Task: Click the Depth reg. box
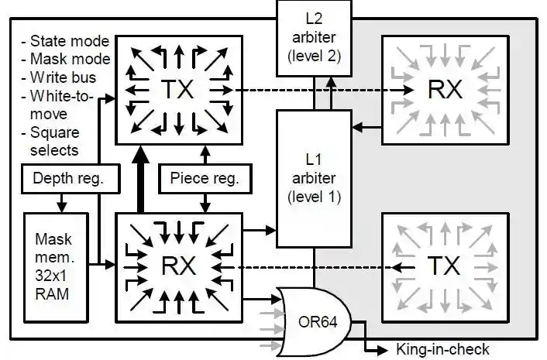tap(71, 178)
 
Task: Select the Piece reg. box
tap(205, 178)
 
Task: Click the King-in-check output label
tap(442, 349)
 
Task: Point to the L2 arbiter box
tap(314, 38)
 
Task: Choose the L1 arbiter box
tap(314, 179)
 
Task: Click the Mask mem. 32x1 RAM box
tap(56, 267)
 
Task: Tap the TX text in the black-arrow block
tap(178, 89)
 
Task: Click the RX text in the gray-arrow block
tap(445, 89)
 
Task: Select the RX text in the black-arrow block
tap(178, 266)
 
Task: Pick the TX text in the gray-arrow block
tap(444, 266)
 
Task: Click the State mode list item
tap(66, 41)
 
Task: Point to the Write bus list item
tap(59, 77)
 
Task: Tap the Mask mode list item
tap(66, 59)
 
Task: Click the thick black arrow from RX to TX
tap(140, 179)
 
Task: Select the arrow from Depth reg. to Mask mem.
tap(62, 203)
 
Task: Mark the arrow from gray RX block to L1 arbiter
tap(367, 127)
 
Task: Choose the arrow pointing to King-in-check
tap(370, 338)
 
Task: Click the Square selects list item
tap(55, 142)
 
